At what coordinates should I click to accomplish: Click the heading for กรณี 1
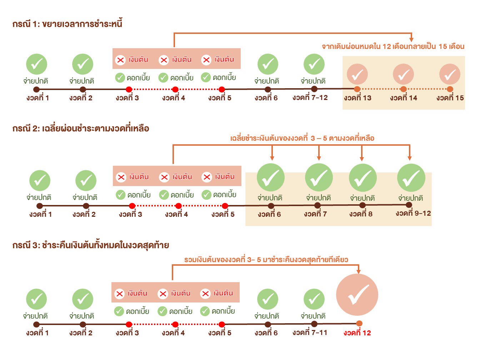(x=67, y=24)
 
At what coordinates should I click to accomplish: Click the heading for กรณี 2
(x=80, y=128)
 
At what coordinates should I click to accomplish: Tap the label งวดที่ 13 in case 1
(x=357, y=98)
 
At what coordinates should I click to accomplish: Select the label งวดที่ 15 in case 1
(x=450, y=98)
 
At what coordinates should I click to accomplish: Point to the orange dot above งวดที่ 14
(x=403, y=89)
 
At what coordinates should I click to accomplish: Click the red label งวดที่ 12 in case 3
(x=357, y=332)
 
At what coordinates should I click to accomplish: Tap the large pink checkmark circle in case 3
(x=357, y=294)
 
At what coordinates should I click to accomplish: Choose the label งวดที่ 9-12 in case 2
(x=413, y=213)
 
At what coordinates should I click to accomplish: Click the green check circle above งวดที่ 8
(x=362, y=177)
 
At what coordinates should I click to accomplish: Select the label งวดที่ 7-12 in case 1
(x=310, y=97)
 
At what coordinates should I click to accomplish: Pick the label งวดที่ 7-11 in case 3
(x=310, y=332)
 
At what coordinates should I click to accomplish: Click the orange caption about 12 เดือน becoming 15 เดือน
(x=393, y=46)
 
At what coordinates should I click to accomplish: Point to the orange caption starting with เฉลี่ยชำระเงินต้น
(x=302, y=138)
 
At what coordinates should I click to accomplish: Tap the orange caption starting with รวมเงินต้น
(x=266, y=260)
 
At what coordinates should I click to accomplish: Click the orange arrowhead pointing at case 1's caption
(x=411, y=39)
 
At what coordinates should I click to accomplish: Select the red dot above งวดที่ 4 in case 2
(x=179, y=206)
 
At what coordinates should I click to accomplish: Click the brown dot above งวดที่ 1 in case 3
(x=36, y=324)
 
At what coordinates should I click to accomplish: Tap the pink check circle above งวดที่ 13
(x=357, y=74)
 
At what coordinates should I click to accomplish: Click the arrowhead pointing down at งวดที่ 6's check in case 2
(x=272, y=158)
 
